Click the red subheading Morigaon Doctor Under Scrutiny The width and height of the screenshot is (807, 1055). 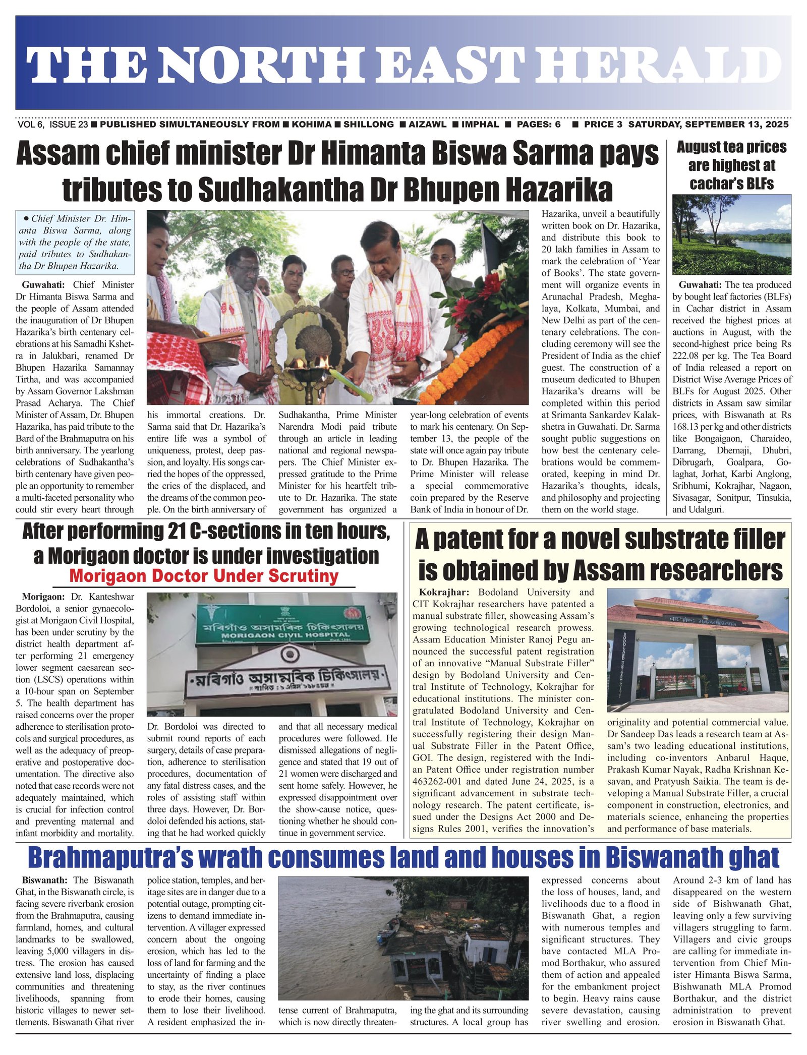click(204, 576)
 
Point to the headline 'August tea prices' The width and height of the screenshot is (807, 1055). click(731, 147)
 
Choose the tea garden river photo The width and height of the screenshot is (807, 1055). click(731, 234)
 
